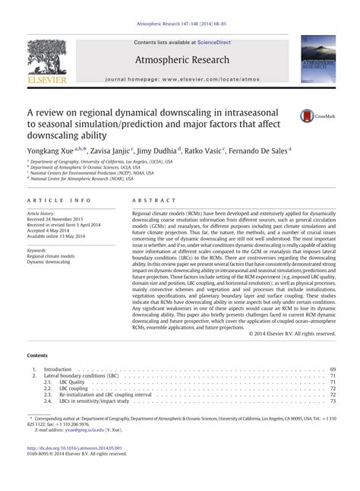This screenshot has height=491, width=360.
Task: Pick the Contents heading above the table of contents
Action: [39, 355]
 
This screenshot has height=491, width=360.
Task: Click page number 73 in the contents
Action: [331, 402]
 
